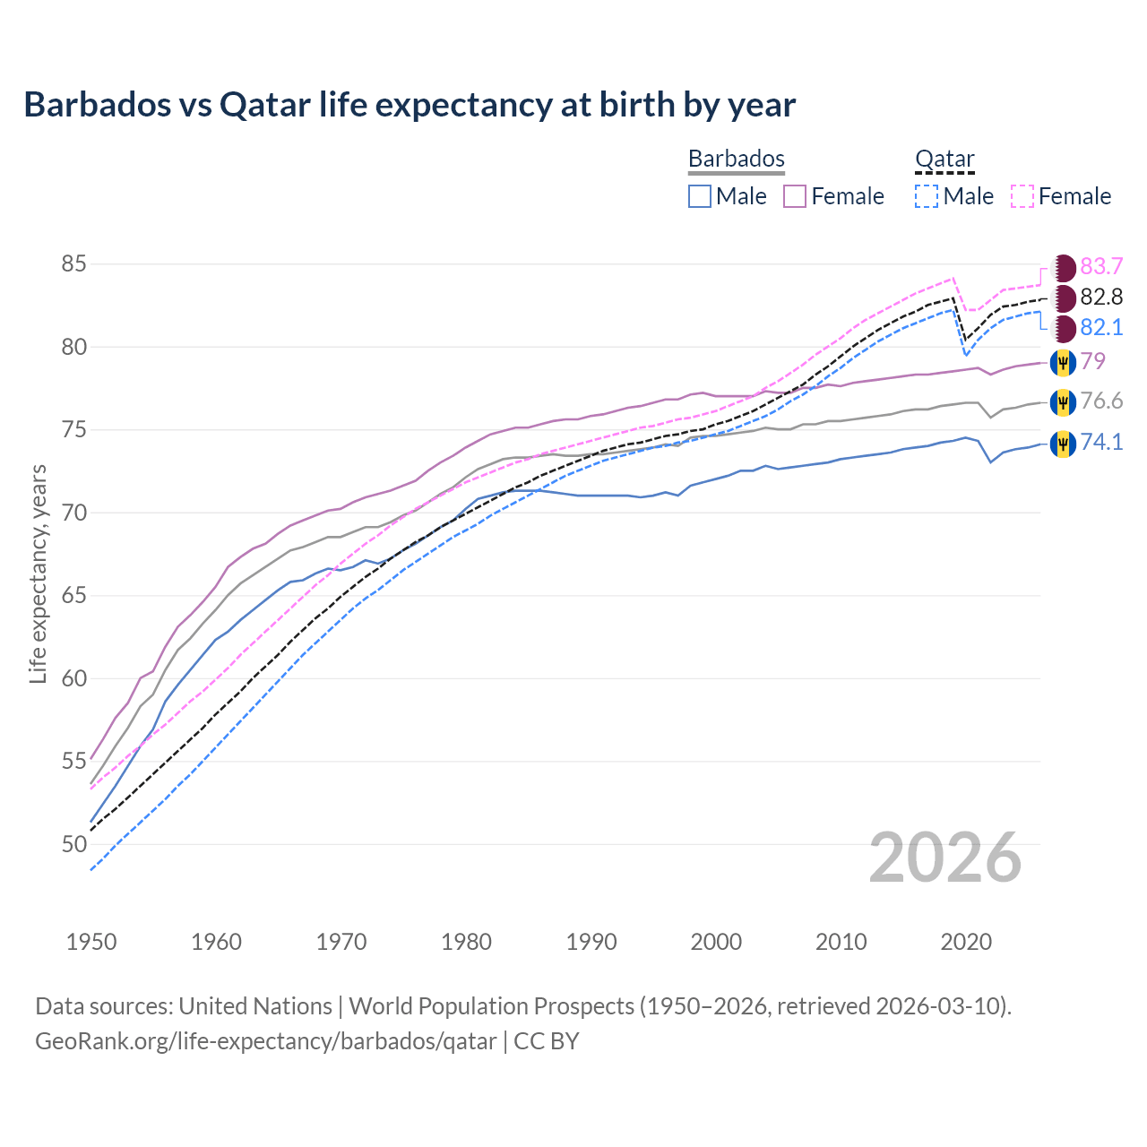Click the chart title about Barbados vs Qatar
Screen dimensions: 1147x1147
(x=410, y=105)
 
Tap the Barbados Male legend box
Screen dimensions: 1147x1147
(x=700, y=196)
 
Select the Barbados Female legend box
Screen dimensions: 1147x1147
(x=795, y=196)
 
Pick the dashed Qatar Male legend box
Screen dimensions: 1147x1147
(x=927, y=196)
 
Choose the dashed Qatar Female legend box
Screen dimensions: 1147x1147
(x=1022, y=196)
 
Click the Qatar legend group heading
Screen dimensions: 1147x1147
(x=944, y=160)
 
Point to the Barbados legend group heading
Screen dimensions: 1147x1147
(x=736, y=160)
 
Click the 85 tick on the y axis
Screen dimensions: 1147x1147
(x=73, y=264)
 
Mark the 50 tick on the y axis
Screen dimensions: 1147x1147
(x=73, y=844)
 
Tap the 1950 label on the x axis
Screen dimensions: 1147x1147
(x=91, y=942)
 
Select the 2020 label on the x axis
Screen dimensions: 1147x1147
(x=966, y=942)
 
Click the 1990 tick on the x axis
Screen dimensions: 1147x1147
(x=591, y=942)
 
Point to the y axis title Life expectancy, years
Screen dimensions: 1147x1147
(x=38, y=573)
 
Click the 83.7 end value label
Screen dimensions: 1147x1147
(x=1101, y=267)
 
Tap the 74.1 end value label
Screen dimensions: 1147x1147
(x=1101, y=443)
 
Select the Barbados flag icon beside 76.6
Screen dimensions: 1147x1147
(x=1063, y=402)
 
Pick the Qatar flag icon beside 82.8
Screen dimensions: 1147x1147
(x=1064, y=298)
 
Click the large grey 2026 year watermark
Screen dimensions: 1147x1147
(x=944, y=858)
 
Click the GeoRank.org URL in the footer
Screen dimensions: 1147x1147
(x=265, y=1041)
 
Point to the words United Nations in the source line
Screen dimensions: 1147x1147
(x=255, y=1006)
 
